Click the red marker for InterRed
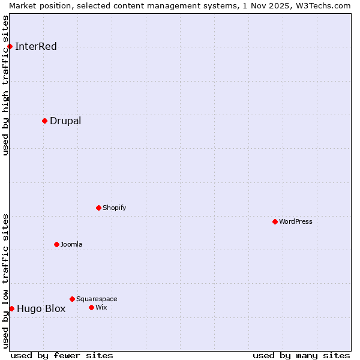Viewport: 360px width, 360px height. (x=10, y=46)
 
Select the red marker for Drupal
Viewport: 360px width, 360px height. (x=44, y=121)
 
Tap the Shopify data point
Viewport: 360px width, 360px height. (x=98, y=208)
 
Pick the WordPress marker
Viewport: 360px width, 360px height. (x=275, y=221)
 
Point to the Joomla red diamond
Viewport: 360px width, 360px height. (x=56, y=244)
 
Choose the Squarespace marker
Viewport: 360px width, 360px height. (x=72, y=299)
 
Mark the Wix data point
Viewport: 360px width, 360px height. (x=91, y=307)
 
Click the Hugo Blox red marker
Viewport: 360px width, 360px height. (x=11, y=308)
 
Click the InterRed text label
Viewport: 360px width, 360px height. (x=36, y=47)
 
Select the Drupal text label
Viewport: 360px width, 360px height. (x=65, y=121)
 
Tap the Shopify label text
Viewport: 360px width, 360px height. (x=114, y=208)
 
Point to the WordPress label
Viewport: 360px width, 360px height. (x=296, y=222)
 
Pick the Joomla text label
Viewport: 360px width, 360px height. (x=71, y=245)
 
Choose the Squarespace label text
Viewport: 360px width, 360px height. (x=97, y=299)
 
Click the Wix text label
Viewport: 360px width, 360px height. (x=101, y=308)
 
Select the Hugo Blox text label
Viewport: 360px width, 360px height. (x=41, y=309)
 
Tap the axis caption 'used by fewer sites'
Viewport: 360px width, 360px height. (x=62, y=356)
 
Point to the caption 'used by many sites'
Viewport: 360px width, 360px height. (x=301, y=356)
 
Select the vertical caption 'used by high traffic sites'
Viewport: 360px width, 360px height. (x=5, y=85)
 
